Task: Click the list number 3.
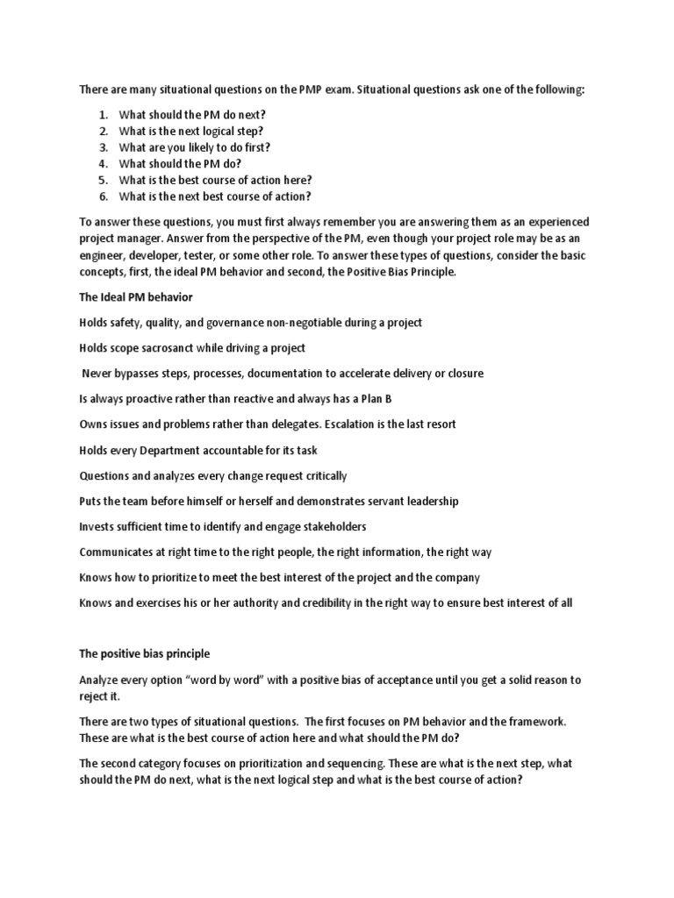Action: [102, 147]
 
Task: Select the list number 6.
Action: [102, 196]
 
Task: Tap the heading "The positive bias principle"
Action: [145, 654]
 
